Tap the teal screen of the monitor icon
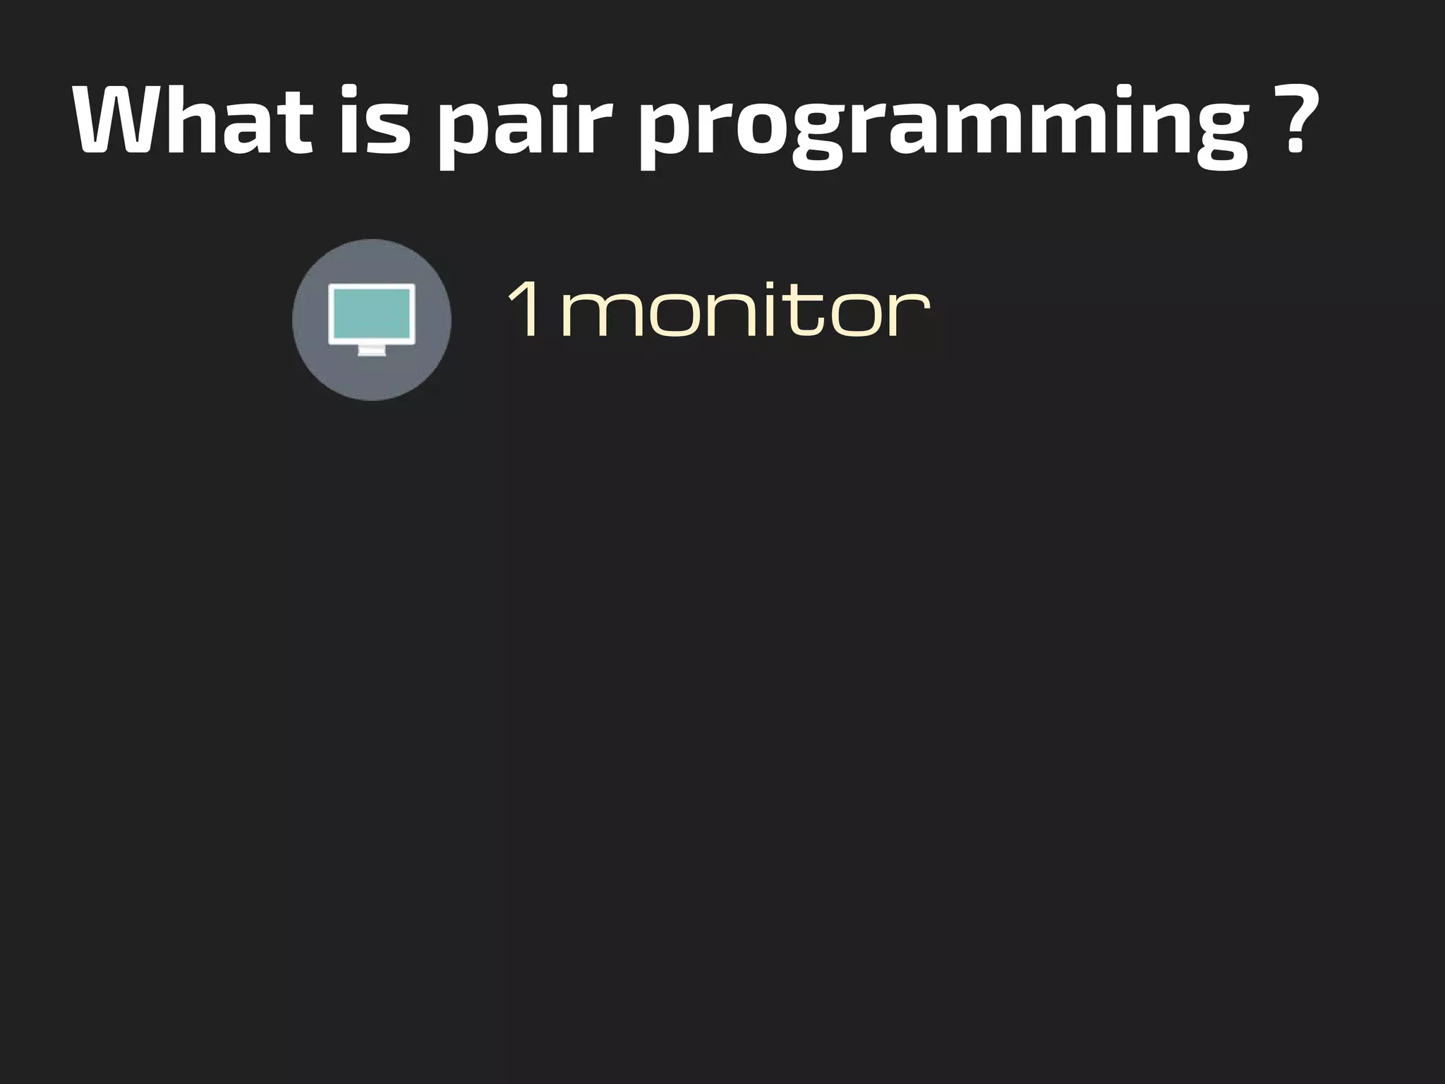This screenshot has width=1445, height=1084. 372,313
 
